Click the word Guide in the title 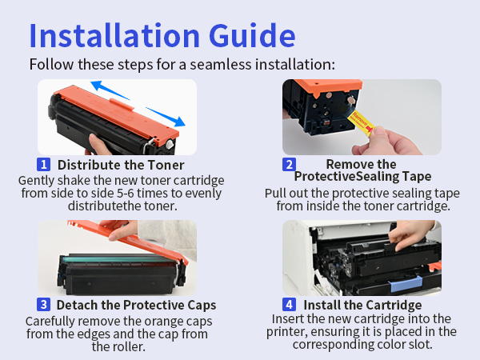[252, 35]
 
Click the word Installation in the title [114, 35]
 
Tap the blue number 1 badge [43, 164]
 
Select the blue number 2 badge [289, 164]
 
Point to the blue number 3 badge [43, 305]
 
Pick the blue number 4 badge [289, 305]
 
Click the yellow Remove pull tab [361, 123]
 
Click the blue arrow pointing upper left [110, 90]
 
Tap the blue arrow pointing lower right [166, 117]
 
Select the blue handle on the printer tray [406, 284]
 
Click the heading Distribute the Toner [121, 165]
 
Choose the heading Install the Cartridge [362, 305]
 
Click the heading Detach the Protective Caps [136, 305]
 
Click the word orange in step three [162, 322]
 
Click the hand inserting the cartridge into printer [410, 234]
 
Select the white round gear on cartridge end [170, 145]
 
